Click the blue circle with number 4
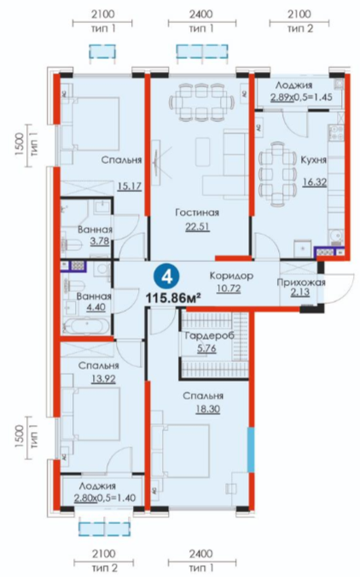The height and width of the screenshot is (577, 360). coord(167,277)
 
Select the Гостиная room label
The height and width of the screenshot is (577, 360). coord(197,213)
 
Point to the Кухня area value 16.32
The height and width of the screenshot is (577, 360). coord(315,182)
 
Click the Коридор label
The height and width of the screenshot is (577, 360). coord(231,276)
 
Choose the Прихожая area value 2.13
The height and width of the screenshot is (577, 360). coord(299,293)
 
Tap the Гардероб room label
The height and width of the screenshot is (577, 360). coord(209,336)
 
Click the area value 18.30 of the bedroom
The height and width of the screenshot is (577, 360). coord(208,409)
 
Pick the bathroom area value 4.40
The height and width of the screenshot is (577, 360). coord(96,307)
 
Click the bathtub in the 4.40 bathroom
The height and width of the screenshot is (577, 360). coord(85,325)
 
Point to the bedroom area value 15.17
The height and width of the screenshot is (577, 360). coord(130,186)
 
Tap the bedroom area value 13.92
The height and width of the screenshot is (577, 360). coord(103,378)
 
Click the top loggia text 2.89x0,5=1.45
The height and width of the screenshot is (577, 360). coord(301,97)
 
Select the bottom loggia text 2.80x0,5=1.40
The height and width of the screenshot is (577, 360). coord(105,498)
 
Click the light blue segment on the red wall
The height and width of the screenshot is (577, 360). coord(251,449)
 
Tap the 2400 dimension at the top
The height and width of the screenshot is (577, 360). coord(200,14)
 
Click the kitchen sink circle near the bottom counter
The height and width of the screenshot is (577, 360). coord(336,235)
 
